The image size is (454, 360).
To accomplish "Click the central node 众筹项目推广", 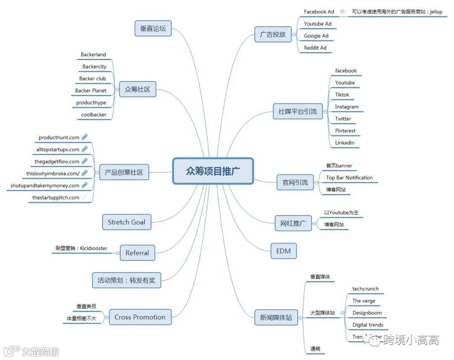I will coord(213,171).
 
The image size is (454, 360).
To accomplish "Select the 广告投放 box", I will coord(273,34).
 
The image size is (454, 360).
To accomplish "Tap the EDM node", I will coord(283,251).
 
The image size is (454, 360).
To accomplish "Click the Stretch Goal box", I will coord(127,222).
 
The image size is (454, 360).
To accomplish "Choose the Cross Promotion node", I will coord(140,317).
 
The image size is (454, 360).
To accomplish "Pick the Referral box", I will coord(137,253).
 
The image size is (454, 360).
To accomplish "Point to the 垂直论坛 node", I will coord(153,29).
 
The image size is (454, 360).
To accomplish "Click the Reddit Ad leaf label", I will coord(315,48).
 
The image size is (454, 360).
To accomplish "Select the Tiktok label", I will coord(342,95).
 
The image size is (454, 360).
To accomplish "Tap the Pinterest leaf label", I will coord(345,131).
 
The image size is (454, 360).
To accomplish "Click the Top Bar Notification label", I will coord(349,178).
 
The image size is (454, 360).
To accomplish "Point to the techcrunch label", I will coord(365,289).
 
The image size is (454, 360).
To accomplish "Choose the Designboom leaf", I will coord(367,313).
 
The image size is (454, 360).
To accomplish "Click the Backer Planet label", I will coord(91,91).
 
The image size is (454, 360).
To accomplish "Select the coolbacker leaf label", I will coord(94,115).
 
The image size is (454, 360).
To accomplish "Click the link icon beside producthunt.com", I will coord(84,137).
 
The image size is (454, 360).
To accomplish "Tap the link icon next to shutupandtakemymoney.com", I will coord(84,185).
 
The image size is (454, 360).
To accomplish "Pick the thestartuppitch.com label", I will coord(56,197).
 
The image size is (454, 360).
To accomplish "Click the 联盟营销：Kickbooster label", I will coord(81,248).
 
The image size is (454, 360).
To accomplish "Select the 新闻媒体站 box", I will coord(276,317).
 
